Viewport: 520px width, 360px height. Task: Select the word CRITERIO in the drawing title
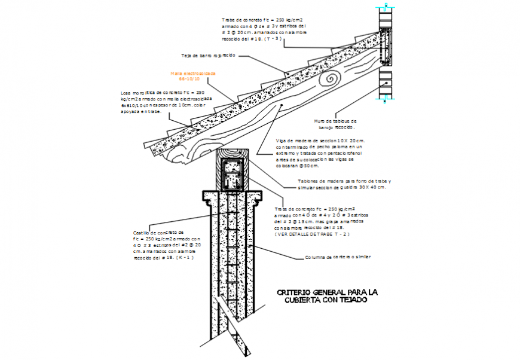(297, 292)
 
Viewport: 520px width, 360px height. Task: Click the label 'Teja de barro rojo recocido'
(208, 55)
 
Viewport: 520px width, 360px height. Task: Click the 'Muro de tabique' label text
(335, 120)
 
